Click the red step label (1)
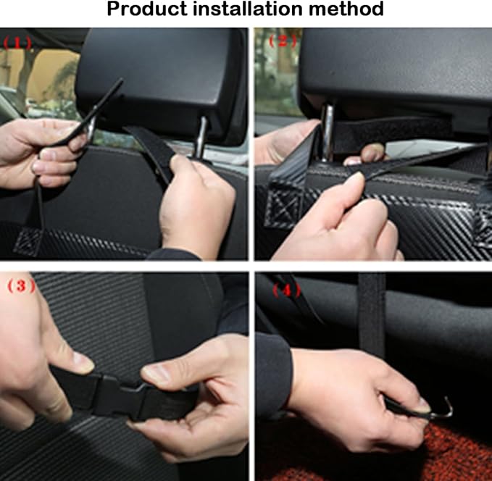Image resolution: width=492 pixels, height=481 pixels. click(x=18, y=42)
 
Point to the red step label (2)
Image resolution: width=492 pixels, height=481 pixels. click(x=283, y=41)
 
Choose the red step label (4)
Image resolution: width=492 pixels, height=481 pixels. click(x=285, y=291)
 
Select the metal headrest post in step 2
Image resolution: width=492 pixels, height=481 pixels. click(x=329, y=130)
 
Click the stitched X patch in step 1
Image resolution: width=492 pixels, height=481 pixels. click(x=29, y=238)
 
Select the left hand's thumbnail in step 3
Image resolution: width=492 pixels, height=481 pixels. click(x=81, y=362)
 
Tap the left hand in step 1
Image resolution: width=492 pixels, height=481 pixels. click(x=36, y=152)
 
